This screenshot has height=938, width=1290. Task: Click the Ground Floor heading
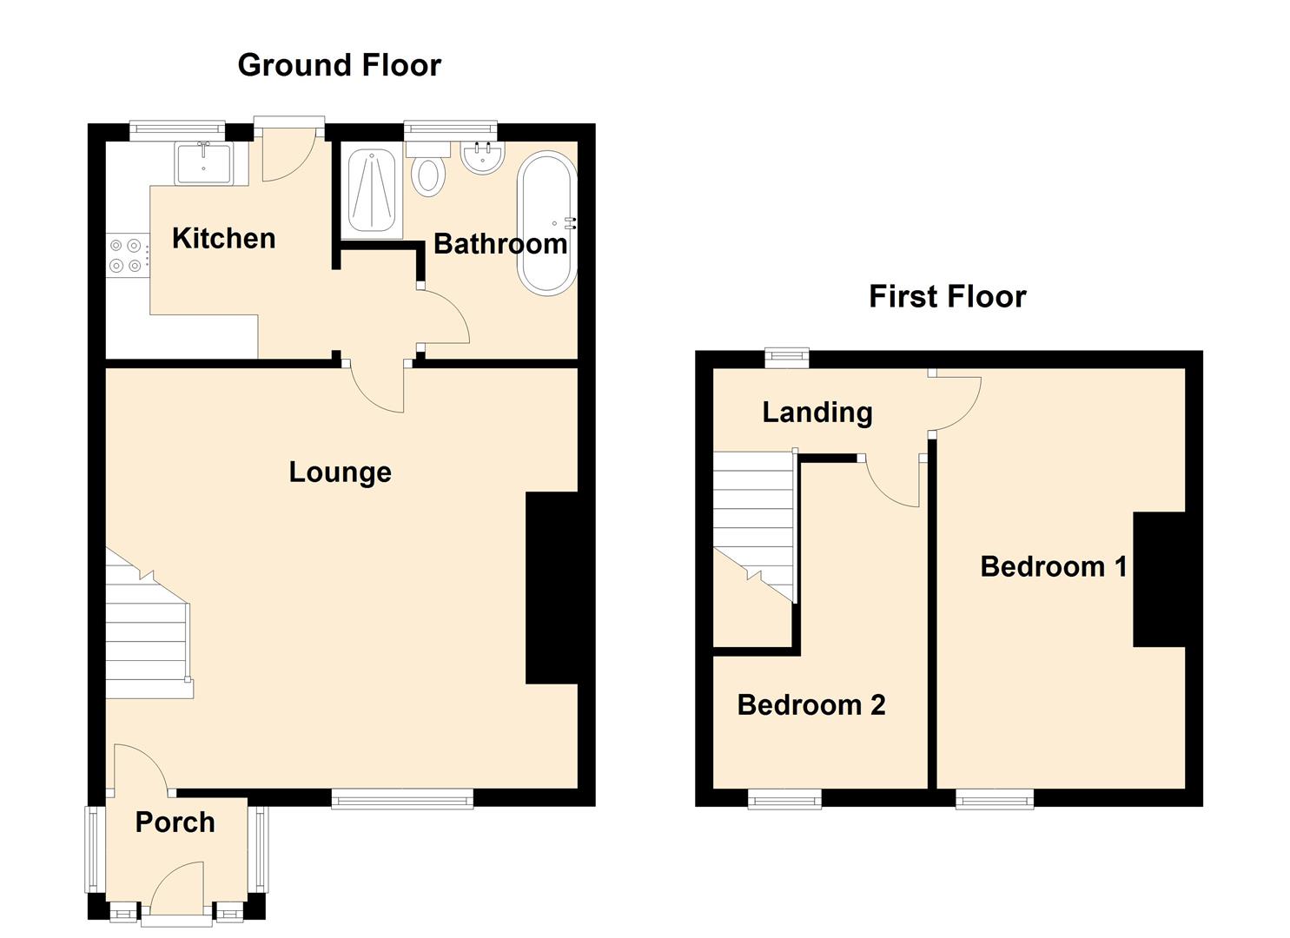pos(339,65)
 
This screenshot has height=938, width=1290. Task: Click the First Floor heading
pos(947,296)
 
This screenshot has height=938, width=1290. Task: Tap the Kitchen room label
pos(223,238)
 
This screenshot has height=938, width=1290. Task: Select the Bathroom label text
pos(500,244)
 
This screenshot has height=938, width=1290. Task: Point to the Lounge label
pos(340,472)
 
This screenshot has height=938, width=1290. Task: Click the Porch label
pos(175,822)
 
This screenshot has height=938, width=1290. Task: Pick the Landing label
pos(817,412)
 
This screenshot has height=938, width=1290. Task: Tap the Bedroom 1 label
pos(1053,567)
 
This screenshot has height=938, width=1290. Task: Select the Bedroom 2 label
pos(810,704)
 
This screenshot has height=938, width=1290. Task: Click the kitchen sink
pos(203,163)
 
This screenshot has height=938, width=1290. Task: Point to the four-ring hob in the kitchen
pos(125,255)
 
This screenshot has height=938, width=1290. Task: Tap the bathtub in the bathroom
pos(546,223)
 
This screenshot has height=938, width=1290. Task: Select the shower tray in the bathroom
pos(372,191)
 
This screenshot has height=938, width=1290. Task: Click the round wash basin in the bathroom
pos(482,158)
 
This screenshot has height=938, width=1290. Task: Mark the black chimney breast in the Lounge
pos(552,588)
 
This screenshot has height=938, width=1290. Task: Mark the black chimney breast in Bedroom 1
pos(1159,579)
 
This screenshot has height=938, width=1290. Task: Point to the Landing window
pos(786,356)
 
